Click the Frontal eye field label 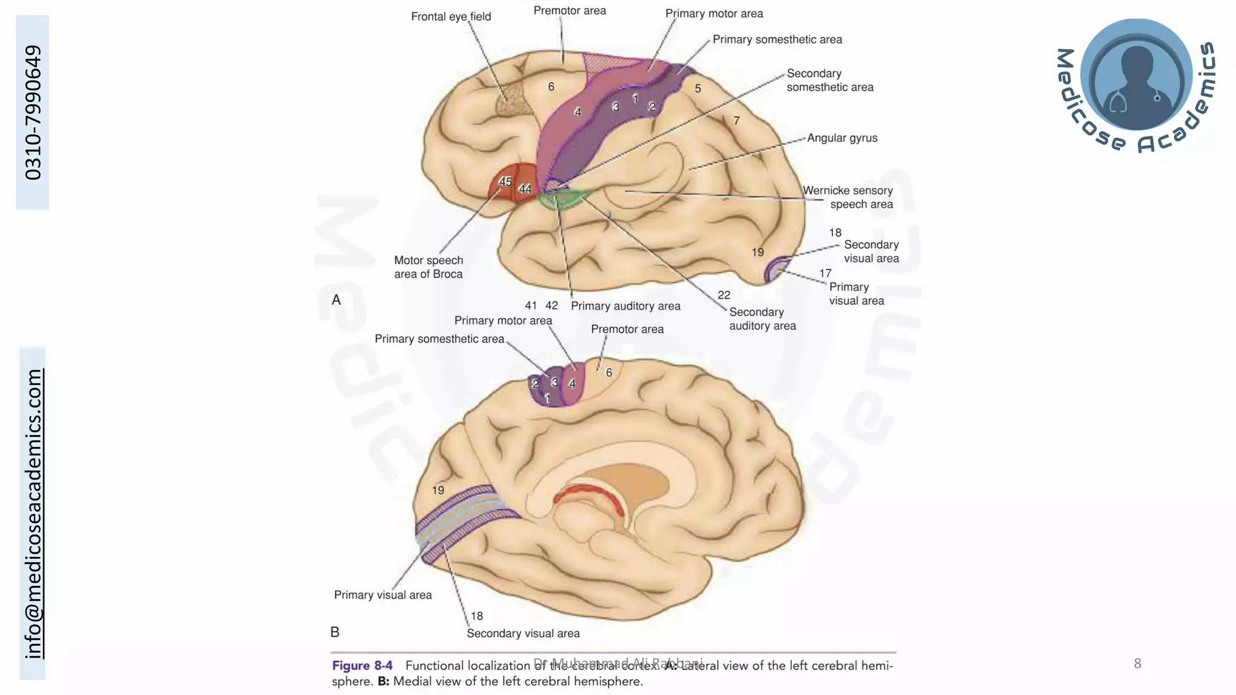point(451,17)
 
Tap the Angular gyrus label point(842,138)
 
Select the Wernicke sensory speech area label point(848,197)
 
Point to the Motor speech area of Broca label point(428,267)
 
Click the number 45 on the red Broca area point(505,182)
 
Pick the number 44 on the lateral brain point(525,189)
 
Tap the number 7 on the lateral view point(736,121)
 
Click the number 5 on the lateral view point(698,89)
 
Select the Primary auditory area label point(625,306)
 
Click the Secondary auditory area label point(762,319)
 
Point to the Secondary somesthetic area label point(830,80)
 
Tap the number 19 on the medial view point(438,490)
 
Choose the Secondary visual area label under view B point(523,633)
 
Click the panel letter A point(336,300)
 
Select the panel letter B point(335,632)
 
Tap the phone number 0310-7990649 point(33,112)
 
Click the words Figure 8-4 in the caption point(362,665)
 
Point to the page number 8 point(1137,664)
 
